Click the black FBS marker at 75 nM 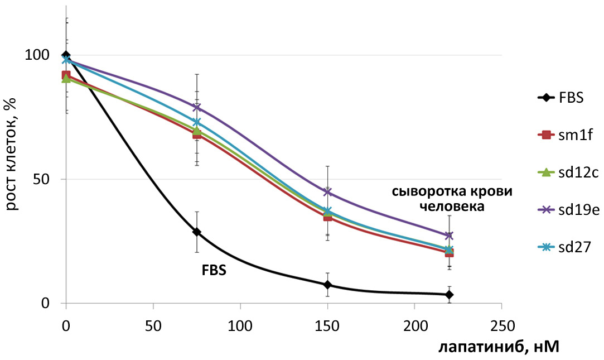[x=196, y=232]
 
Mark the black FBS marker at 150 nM [x=327, y=285]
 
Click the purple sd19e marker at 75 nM [x=196, y=107]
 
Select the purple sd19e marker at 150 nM [x=327, y=192]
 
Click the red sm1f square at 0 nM [x=66, y=75]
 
